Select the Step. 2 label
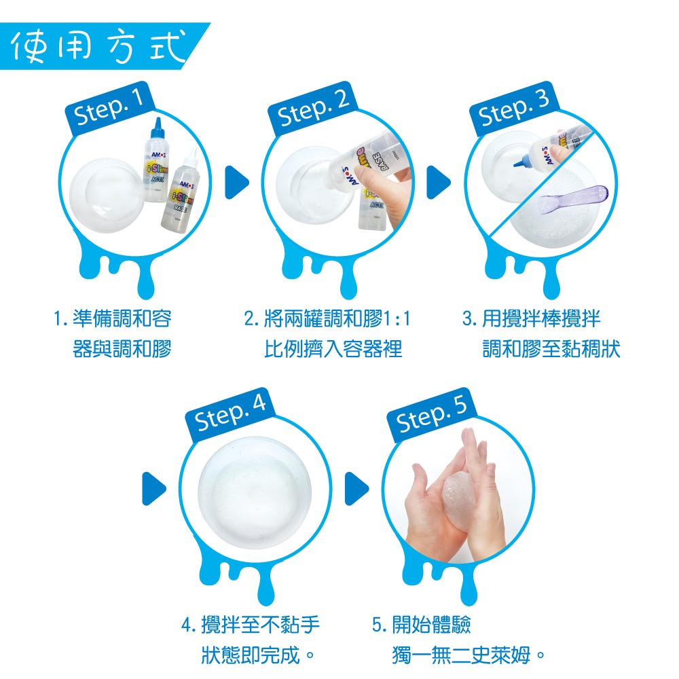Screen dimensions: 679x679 pyautogui.click(x=313, y=109)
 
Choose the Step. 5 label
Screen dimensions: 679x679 pyautogui.click(x=433, y=414)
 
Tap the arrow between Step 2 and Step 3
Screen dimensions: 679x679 pyautogui.click(x=439, y=181)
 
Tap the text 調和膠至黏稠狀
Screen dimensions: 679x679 pyautogui.click(x=551, y=350)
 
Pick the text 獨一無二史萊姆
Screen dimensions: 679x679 pyautogui.click(x=469, y=656)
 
